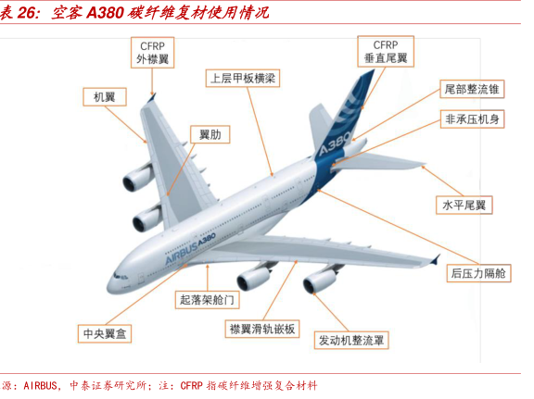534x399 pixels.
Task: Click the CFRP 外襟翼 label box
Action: pyautogui.click(x=153, y=53)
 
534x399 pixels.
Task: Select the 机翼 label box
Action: pyautogui.click(x=105, y=97)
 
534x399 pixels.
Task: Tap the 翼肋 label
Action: pyautogui.click(x=210, y=134)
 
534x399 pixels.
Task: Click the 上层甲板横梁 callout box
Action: pyautogui.click(x=243, y=79)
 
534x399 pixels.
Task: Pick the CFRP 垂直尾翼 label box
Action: pyautogui.click(x=386, y=51)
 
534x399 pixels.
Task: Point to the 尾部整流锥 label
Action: pyautogui.click(x=472, y=89)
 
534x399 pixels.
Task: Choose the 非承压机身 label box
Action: pyautogui.click(x=472, y=119)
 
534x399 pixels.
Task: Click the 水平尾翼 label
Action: pyautogui.click(x=464, y=205)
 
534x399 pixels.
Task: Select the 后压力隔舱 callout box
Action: pyautogui.click(x=478, y=273)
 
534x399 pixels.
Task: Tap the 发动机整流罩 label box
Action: pyautogui.click(x=351, y=340)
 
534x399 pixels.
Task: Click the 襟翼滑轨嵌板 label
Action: pyautogui.click(x=262, y=329)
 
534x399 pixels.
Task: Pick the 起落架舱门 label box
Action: pyautogui.click(x=207, y=300)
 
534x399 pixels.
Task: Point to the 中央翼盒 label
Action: pyautogui.click(x=105, y=333)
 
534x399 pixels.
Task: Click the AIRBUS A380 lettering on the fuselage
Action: pyautogui.click(x=190, y=248)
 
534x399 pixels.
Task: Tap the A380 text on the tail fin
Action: pyautogui.click(x=335, y=143)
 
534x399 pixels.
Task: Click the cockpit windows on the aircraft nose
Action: pyautogui.click(x=121, y=276)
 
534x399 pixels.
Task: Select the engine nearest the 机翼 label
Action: pyautogui.click(x=137, y=177)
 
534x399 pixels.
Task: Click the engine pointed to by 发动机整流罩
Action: pyautogui.click(x=318, y=279)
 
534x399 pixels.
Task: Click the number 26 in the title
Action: pyautogui.click(x=27, y=13)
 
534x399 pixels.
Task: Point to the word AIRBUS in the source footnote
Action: pyautogui.click(x=40, y=385)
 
